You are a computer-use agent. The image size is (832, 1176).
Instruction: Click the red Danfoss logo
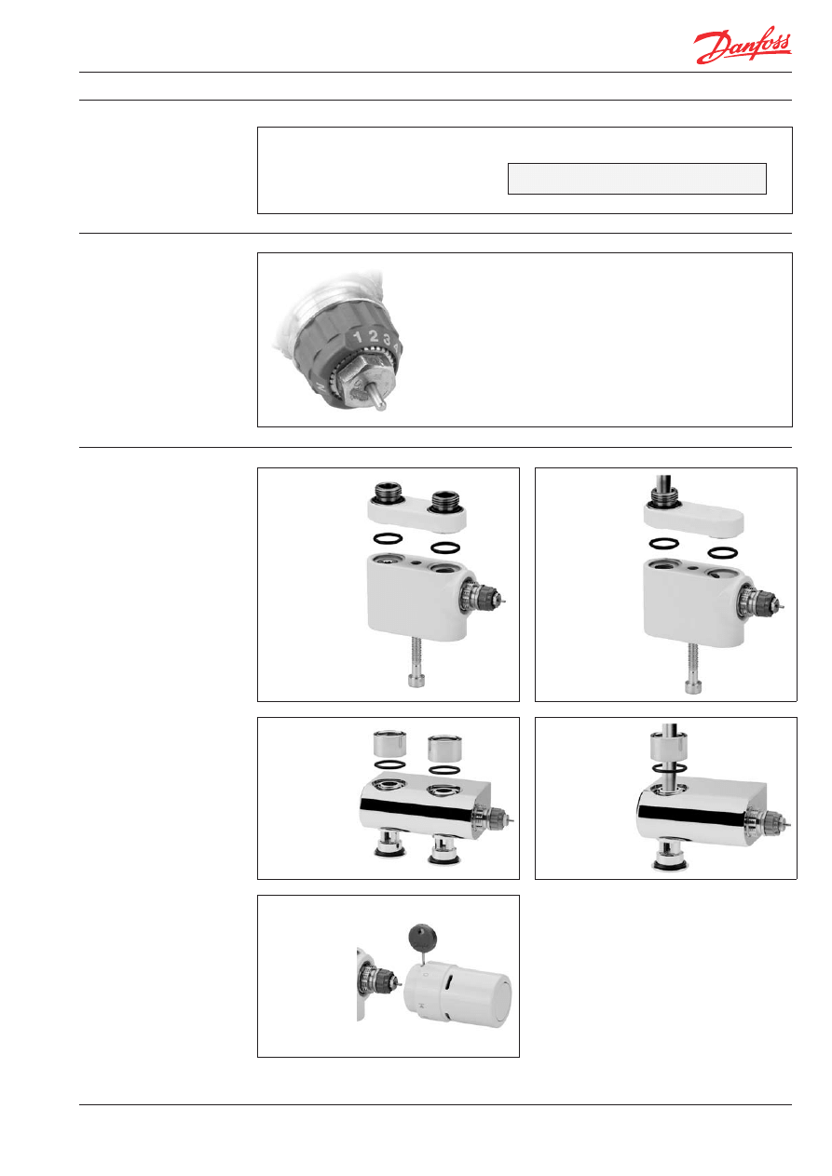click(x=742, y=45)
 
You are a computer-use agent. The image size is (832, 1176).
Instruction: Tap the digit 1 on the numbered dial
click(x=358, y=336)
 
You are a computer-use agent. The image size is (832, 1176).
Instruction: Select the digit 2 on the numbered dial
click(x=374, y=336)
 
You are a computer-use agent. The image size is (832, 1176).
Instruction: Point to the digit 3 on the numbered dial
click(x=387, y=340)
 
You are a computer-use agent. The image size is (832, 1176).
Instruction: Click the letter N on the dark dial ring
click(x=320, y=387)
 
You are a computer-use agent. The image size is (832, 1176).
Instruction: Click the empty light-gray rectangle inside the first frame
click(x=636, y=179)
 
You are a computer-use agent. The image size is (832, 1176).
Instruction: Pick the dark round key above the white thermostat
click(x=423, y=939)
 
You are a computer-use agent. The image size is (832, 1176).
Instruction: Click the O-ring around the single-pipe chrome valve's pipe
click(x=670, y=768)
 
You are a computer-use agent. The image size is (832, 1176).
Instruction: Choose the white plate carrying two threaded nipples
click(x=416, y=514)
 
